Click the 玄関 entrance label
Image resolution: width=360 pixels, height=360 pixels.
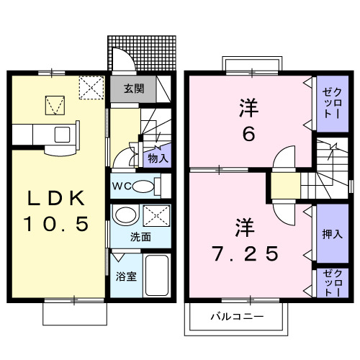(x=133, y=89)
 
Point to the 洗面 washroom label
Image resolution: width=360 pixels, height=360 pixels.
(x=140, y=236)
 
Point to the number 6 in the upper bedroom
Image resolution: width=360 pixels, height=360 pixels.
(x=249, y=135)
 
